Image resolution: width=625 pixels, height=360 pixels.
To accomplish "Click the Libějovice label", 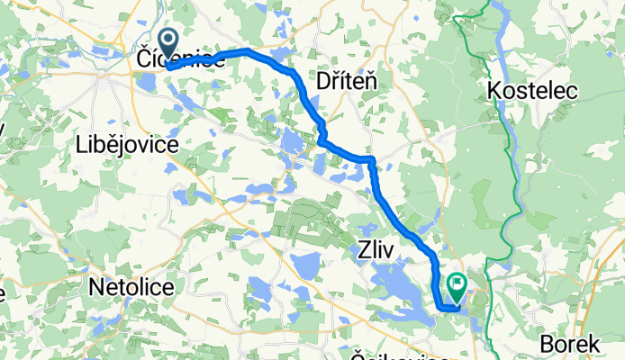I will [x=128, y=144].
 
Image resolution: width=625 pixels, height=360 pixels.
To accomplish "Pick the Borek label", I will [x=570, y=343].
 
